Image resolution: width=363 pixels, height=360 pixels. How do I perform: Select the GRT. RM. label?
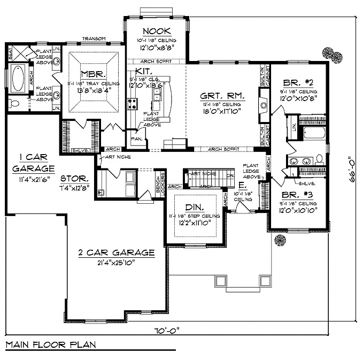pos(223,96)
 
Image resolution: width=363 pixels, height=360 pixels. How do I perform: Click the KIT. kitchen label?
pos(143,71)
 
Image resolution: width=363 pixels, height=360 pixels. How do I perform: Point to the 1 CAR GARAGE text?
pos(25,163)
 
